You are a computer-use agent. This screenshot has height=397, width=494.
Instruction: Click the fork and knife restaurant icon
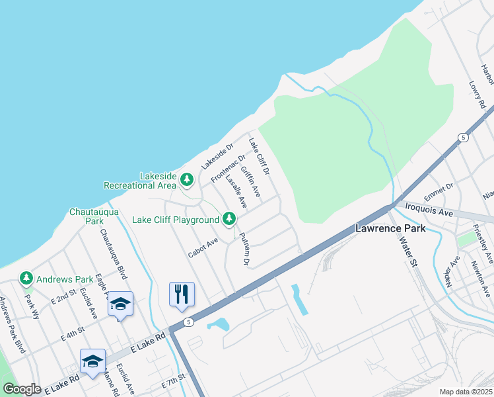[x=182, y=294]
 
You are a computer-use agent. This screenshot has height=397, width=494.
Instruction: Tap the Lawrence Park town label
[x=390, y=228]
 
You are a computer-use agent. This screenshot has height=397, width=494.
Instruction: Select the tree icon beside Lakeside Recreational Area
[x=187, y=179]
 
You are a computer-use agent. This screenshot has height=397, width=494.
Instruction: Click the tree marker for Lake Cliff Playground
[x=229, y=218]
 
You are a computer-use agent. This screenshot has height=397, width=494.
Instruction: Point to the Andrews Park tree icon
[x=26, y=279]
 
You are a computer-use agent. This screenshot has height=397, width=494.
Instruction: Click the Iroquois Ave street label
[x=429, y=211]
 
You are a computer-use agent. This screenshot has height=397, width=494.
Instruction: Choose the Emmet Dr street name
[x=439, y=192]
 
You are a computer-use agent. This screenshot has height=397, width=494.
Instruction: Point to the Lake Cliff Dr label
[x=260, y=156]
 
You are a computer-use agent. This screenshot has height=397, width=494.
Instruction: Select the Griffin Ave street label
[x=251, y=182]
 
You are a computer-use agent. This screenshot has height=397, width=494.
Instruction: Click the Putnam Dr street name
[x=243, y=249]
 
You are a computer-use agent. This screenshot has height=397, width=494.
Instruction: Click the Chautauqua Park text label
[x=94, y=216]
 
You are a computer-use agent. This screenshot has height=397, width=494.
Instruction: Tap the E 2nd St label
[x=64, y=295]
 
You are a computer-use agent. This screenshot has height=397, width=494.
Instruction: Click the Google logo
[x=22, y=389]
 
